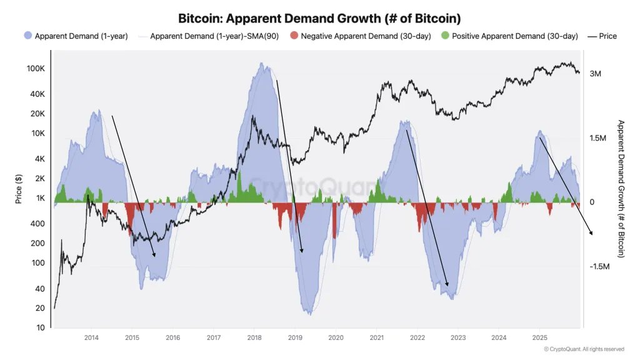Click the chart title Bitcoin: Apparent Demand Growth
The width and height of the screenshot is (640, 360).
(x=320, y=18)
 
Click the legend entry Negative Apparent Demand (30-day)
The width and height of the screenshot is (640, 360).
(x=365, y=36)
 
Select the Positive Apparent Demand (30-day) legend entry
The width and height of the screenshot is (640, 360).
(x=514, y=36)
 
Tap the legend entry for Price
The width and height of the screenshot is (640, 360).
(x=607, y=36)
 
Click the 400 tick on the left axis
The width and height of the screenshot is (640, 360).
(x=39, y=224)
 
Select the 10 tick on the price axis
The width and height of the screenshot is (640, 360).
(x=40, y=327)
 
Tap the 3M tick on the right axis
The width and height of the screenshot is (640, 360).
(x=595, y=74)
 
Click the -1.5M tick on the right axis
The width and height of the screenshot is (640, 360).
(x=599, y=266)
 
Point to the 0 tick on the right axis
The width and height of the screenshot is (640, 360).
(x=592, y=202)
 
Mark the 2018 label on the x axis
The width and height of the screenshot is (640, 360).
(x=254, y=337)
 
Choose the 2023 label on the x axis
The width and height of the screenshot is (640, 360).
(x=458, y=337)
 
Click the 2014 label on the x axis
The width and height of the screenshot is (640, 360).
(x=91, y=337)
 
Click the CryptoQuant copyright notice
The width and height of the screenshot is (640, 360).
(x=584, y=349)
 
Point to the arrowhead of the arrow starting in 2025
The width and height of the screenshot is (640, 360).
(x=591, y=233)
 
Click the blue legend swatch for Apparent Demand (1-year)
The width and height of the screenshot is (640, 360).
(x=27, y=36)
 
